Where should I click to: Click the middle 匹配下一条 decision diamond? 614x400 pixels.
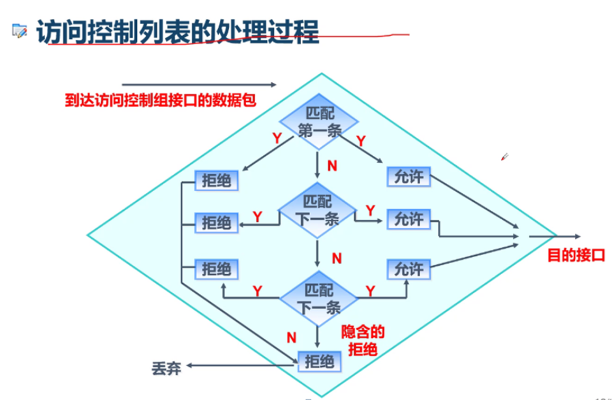pos(318,210)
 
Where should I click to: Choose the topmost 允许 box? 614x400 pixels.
pos(409,176)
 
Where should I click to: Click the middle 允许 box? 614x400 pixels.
pos(409,220)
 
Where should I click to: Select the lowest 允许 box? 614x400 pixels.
pos(409,268)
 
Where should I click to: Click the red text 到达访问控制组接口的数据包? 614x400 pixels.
pos(159,100)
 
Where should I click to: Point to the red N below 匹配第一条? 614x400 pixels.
pos(332,166)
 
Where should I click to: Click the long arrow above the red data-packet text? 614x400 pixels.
pos(199,84)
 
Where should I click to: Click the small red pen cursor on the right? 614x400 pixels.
pos(504,157)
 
